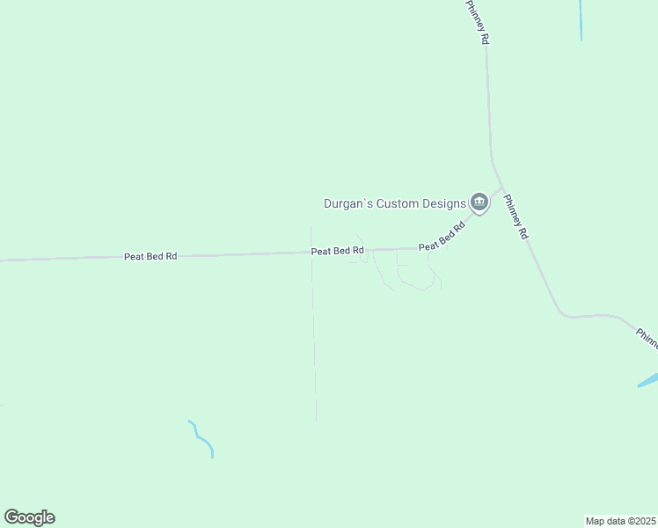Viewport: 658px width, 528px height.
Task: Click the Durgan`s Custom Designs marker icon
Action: coord(479,202)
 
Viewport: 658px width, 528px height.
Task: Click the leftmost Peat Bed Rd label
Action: coord(150,256)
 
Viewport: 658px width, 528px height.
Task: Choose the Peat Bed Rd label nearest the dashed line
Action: coord(338,251)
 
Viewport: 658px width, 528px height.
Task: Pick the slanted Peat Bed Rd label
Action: coord(442,236)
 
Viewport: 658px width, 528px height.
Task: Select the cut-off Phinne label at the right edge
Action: coord(647,338)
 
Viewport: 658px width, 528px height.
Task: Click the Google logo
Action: coord(29,517)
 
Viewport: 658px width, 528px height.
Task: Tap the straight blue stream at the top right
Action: coord(581,19)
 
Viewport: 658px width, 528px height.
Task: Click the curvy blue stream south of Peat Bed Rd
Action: coord(202,438)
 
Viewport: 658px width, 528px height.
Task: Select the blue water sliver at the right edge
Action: coord(648,380)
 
